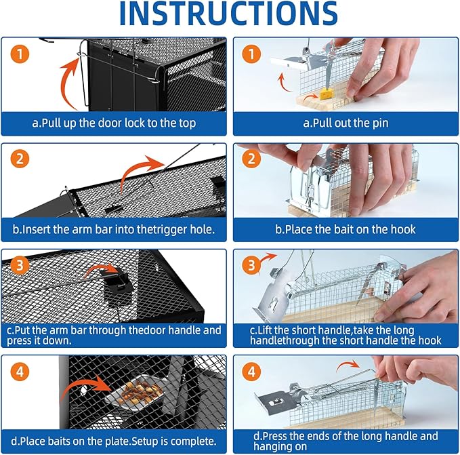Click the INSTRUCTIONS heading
228,14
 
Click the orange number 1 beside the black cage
20,54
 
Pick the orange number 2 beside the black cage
20,159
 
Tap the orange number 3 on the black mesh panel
20,265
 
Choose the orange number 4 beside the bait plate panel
20,372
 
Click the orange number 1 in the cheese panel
251,54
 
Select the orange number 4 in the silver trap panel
251,372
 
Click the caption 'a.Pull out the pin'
346,123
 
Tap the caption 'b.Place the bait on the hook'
346,229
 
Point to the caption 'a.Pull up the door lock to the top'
114,123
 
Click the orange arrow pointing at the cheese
311,96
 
